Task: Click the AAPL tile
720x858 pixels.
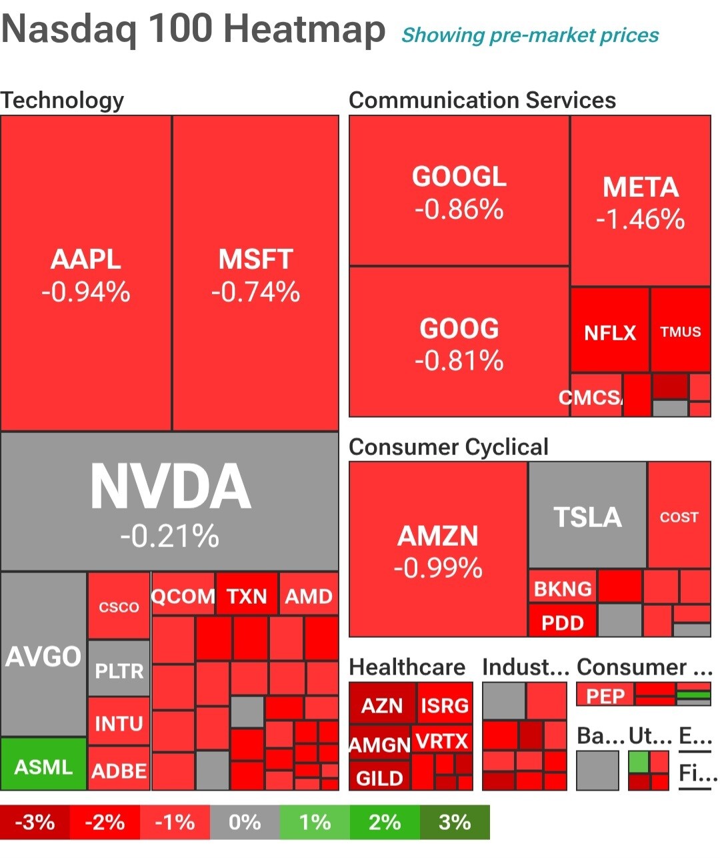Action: pos(86,274)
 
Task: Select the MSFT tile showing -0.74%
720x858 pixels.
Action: pos(256,274)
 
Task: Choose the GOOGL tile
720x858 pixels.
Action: pos(459,191)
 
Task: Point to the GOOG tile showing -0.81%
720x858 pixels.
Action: pos(459,342)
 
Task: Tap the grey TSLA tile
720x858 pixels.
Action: pos(587,515)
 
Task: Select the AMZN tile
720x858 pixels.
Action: pos(438,550)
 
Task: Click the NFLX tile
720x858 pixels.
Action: pos(609,331)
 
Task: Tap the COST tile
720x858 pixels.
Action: pos(679,515)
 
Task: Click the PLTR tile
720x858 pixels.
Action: pos(119,669)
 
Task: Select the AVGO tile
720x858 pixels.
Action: pos(44,655)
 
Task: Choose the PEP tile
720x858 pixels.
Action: pos(605,695)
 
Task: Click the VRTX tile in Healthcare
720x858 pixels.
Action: pos(442,740)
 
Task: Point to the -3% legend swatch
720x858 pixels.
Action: pos(35,821)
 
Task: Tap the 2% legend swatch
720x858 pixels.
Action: pos(385,821)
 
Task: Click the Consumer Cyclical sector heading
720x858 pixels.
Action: pos(448,446)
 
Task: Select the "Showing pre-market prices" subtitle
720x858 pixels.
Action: pos(530,35)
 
